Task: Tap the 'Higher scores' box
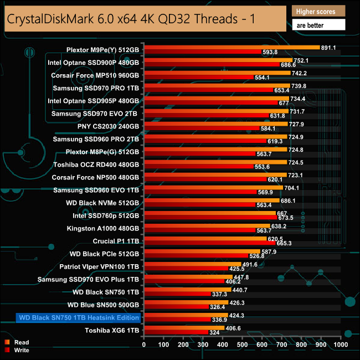point(318,11)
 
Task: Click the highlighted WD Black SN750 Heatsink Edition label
point(78,317)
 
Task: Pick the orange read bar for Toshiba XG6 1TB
point(184,328)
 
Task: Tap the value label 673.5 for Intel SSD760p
point(286,218)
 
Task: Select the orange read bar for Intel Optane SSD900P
point(218,60)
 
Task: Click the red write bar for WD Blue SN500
point(176,307)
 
